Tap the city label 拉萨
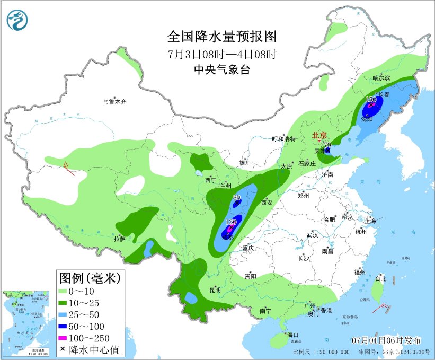[x=119, y=239]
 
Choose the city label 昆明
[x=215, y=289]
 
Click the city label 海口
[x=293, y=335]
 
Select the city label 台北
[x=380, y=278]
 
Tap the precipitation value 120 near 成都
[x=231, y=222]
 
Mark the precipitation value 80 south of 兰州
[x=237, y=197]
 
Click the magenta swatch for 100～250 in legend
[x=66, y=338]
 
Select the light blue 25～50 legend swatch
[x=66, y=314]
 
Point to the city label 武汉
[x=312, y=235]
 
